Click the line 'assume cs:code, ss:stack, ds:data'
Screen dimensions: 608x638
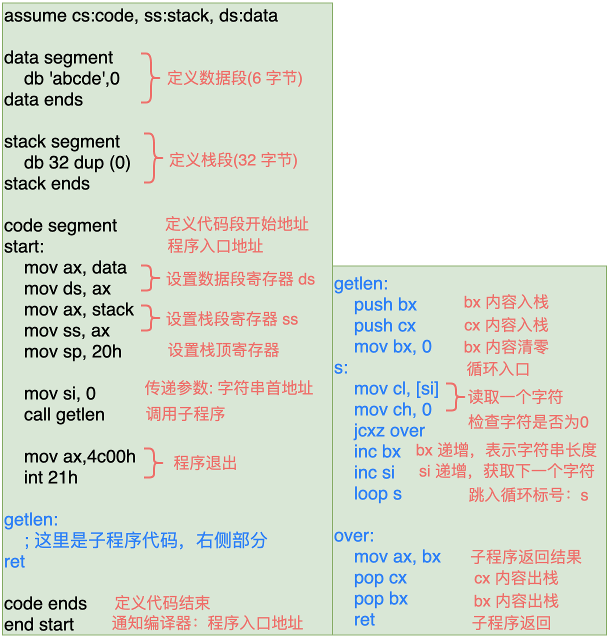pyautogui.click(x=140, y=16)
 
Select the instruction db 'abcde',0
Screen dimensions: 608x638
pyautogui.click(x=72, y=79)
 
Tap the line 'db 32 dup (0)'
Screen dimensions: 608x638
pyautogui.click(x=77, y=163)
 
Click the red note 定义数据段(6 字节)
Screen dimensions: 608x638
pyautogui.click(x=234, y=78)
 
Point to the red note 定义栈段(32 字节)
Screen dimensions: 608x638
pyautogui.click(x=233, y=160)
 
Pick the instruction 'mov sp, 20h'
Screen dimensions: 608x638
pyautogui.click(x=73, y=352)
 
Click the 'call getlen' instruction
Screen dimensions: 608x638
pyautogui.click(x=64, y=415)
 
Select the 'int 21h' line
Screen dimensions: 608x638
pyautogui.click(x=51, y=478)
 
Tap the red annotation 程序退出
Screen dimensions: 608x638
pyautogui.click(x=205, y=463)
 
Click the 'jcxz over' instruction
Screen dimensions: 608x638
pyautogui.click(x=389, y=431)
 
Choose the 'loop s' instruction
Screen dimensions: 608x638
pyautogui.click(x=378, y=494)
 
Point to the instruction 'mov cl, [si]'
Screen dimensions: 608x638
pyautogui.click(x=396, y=389)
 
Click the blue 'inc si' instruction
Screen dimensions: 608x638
pyautogui.click(x=374, y=473)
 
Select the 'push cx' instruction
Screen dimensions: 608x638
pyautogui.click(x=385, y=326)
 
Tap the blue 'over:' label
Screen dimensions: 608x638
pyautogui.click(x=354, y=536)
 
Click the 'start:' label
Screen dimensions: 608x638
pyautogui.click(x=24, y=247)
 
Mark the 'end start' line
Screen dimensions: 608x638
pyautogui.click(x=39, y=625)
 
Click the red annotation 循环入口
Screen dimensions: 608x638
pyautogui.click(x=498, y=369)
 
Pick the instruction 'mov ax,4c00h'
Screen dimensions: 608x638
pyautogui.click(x=80, y=457)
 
